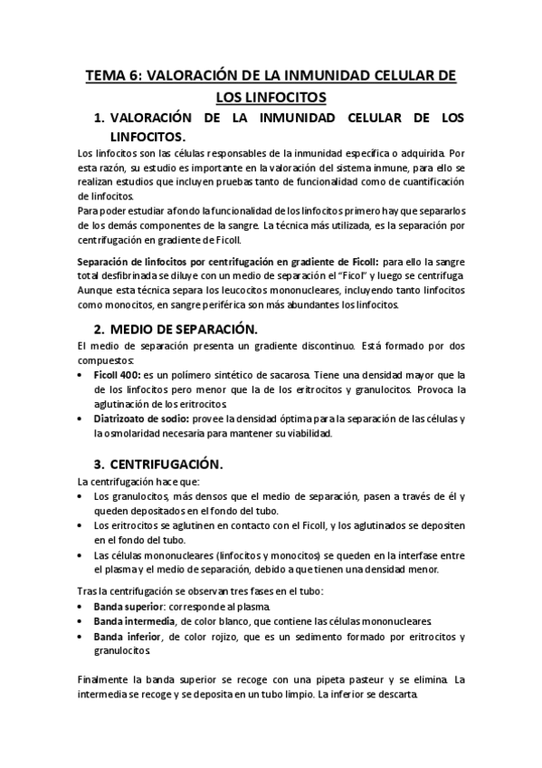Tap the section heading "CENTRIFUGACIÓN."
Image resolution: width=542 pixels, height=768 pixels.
pos(173,463)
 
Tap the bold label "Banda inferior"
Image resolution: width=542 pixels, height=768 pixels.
pos(122,637)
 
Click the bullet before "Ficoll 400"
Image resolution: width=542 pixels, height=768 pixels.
pos(83,373)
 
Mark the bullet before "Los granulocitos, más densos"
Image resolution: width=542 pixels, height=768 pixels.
pos(83,496)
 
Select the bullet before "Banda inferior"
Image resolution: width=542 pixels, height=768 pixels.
pos(83,637)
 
